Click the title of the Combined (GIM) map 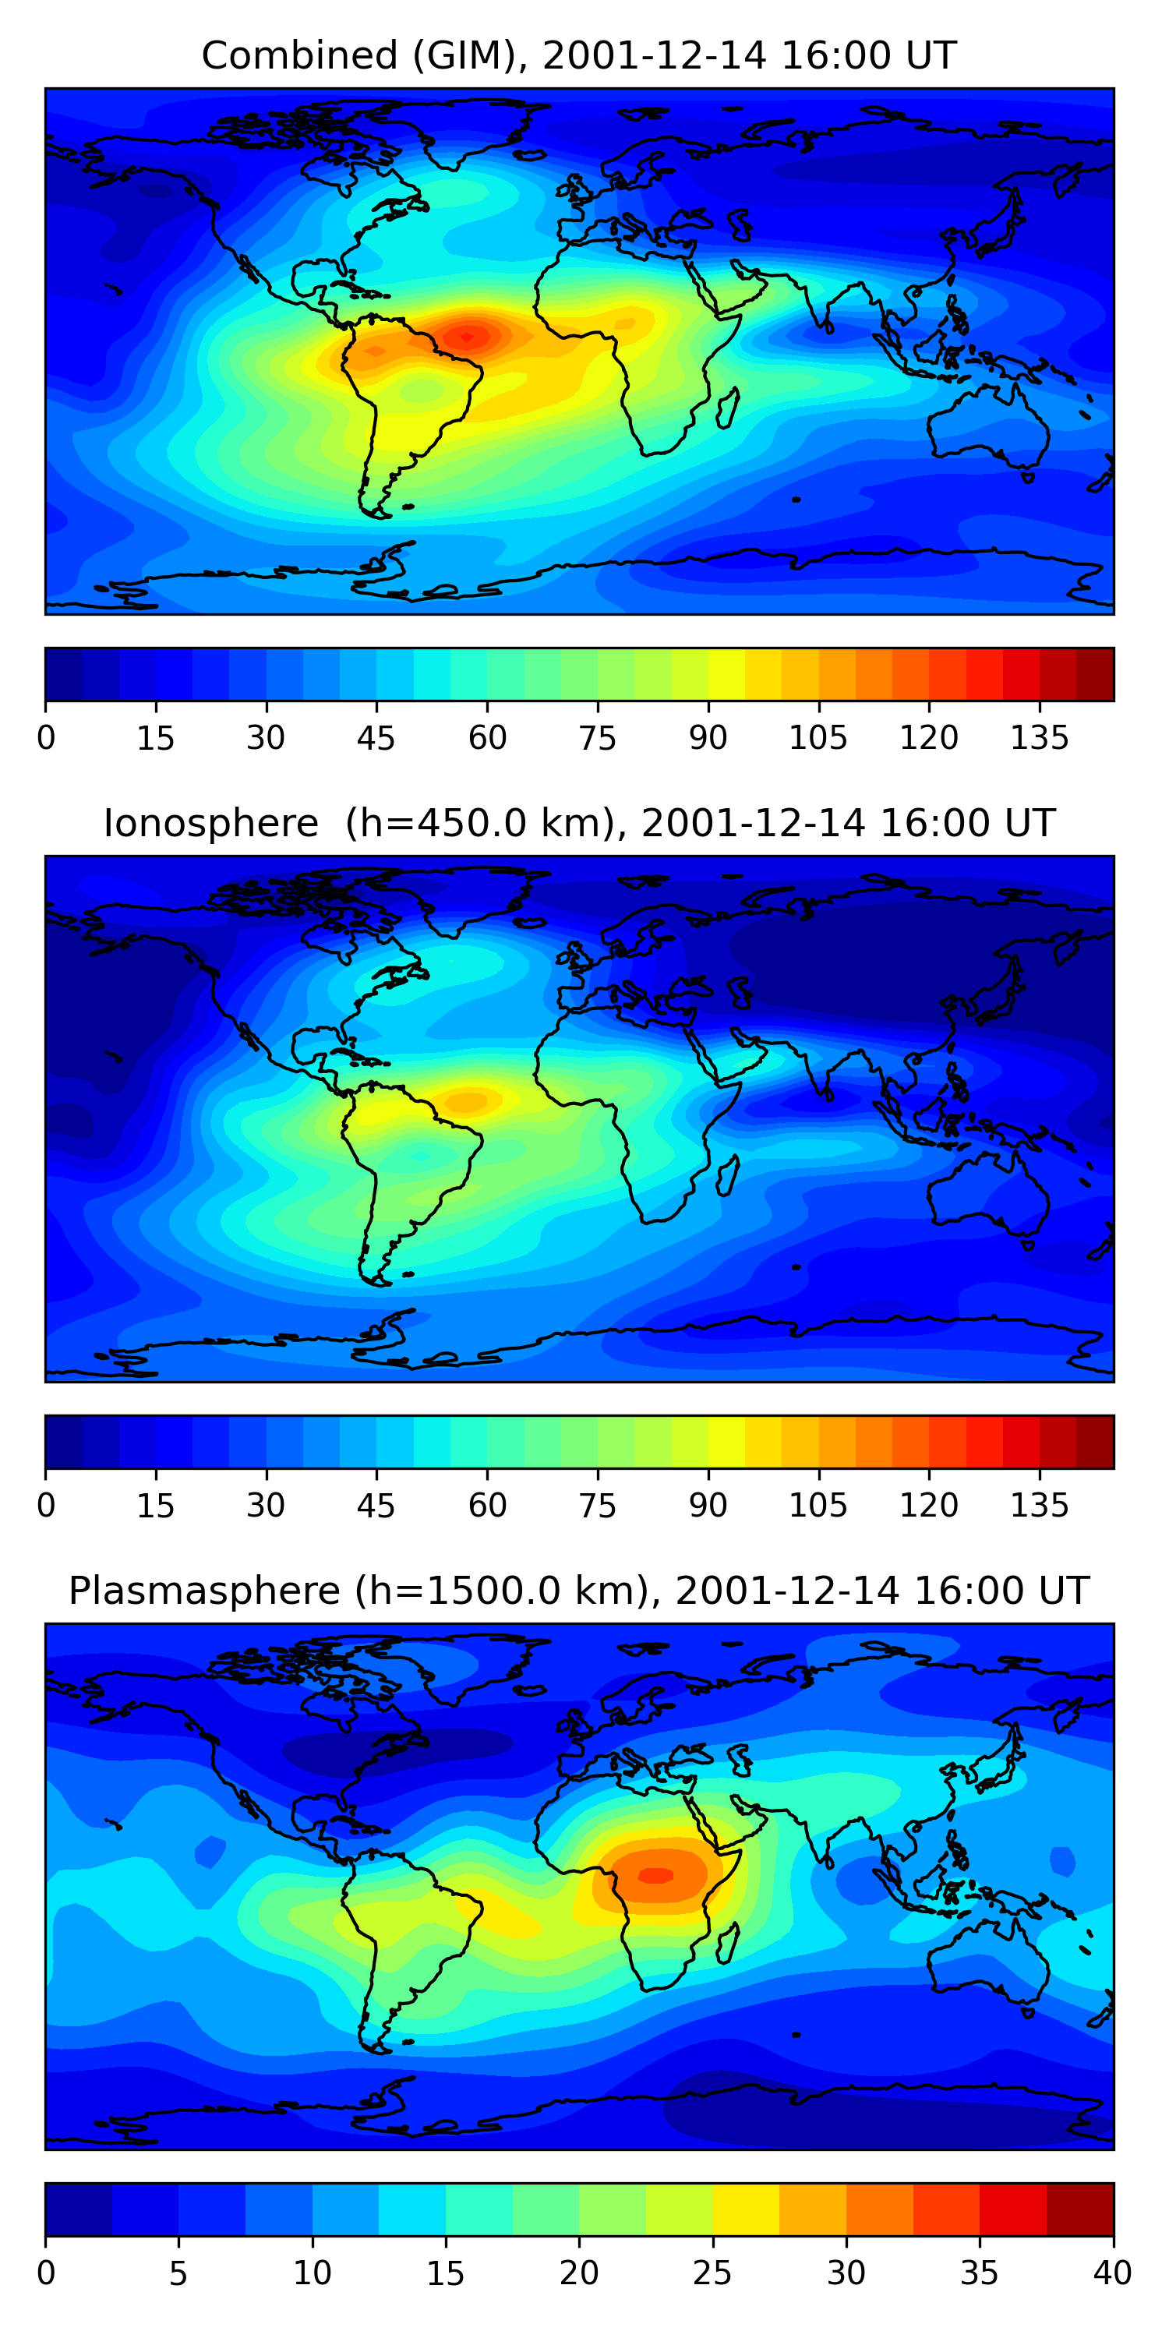[579, 55]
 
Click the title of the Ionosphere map [579, 823]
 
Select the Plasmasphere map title [579, 1591]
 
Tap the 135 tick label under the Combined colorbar [1039, 738]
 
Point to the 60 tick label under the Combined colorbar [487, 738]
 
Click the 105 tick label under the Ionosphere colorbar [818, 1506]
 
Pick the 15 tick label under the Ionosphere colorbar [155, 1506]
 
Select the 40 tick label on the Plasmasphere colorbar [1112, 2273]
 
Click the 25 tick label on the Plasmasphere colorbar [712, 2273]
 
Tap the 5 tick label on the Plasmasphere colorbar [178, 2273]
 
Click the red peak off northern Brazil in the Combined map [467, 337]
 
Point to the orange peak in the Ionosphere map [468, 1102]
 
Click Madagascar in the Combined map [727, 408]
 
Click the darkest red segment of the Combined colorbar [1095, 674]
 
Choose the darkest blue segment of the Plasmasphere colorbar [78, 2209]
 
